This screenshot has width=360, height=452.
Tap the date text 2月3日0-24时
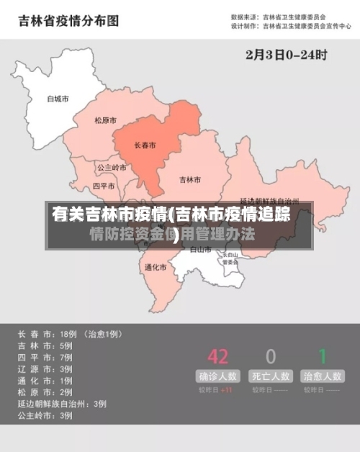(x=287, y=53)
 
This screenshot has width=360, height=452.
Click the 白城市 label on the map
(x=58, y=99)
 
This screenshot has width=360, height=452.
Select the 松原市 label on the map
(x=105, y=120)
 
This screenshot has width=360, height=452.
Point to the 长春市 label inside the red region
(x=145, y=145)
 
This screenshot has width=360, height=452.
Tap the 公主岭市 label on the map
(x=112, y=167)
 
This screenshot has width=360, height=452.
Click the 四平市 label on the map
(x=104, y=185)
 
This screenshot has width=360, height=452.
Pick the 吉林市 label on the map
(x=190, y=179)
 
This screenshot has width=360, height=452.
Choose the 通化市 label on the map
(x=155, y=267)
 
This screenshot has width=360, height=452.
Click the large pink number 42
(x=217, y=356)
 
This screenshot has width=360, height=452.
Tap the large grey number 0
(x=271, y=356)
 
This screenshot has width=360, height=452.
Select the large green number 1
(x=323, y=356)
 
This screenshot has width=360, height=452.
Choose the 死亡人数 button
(x=271, y=376)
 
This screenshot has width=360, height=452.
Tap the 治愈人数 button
(x=323, y=376)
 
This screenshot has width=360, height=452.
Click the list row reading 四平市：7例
(x=46, y=357)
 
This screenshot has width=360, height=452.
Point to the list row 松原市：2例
(x=46, y=392)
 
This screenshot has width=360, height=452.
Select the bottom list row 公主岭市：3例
(x=46, y=415)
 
